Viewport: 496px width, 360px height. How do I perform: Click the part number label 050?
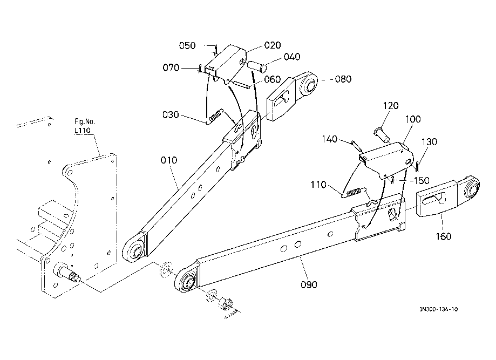point(187,45)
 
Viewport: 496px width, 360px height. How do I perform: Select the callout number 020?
point(273,45)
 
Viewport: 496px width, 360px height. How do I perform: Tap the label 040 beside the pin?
point(291,57)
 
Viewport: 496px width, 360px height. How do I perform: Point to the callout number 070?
point(171,67)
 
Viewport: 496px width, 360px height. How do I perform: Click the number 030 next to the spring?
point(171,114)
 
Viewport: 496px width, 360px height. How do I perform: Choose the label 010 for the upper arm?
point(168,160)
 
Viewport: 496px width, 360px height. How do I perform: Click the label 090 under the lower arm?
point(309,285)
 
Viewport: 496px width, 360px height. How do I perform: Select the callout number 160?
point(444,236)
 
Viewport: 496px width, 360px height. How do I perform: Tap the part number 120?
point(391,106)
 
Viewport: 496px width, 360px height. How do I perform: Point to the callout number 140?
point(330,139)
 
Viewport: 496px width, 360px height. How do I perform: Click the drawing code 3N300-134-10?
point(438,309)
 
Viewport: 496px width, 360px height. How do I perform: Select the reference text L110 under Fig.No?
point(82,130)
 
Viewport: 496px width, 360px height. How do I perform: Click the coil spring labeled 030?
point(216,116)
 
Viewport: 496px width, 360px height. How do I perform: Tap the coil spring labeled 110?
point(354,192)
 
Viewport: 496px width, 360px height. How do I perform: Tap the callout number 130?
point(429,142)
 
